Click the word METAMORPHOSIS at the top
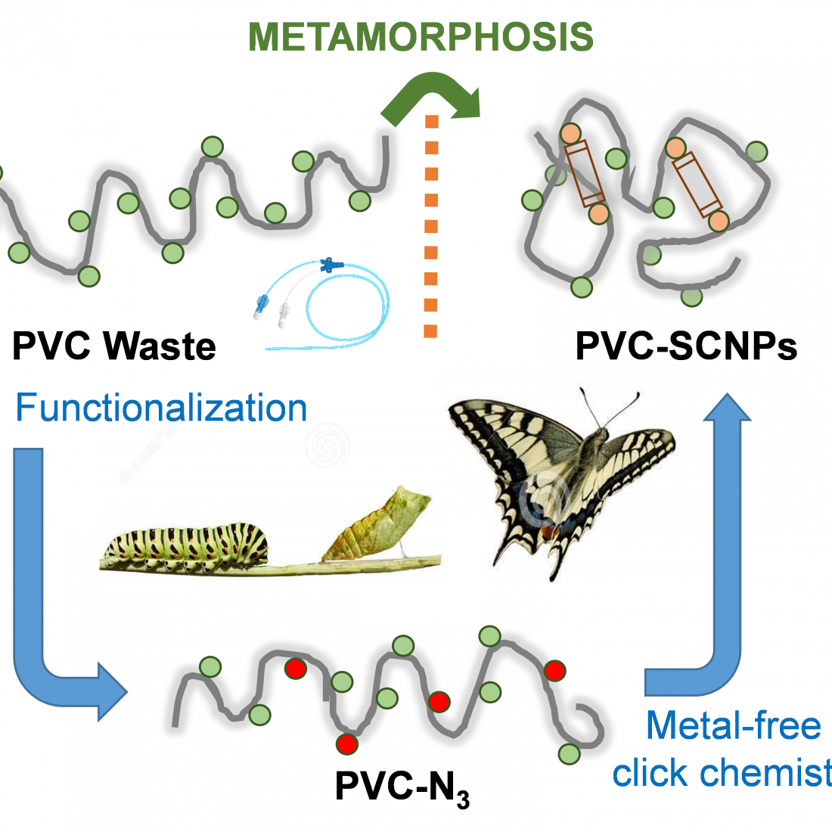click(x=421, y=37)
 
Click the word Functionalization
click(x=161, y=408)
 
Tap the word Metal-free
click(x=733, y=726)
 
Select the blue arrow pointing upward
click(x=726, y=529)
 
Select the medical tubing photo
click(x=318, y=304)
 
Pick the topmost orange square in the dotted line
click(x=432, y=123)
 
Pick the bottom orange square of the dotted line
click(x=431, y=331)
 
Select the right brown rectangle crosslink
click(x=697, y=184)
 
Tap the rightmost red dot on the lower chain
click(x=555, y=670)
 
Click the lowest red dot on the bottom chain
click(x=347, y=744)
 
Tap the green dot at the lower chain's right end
click(x=569, y=753)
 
